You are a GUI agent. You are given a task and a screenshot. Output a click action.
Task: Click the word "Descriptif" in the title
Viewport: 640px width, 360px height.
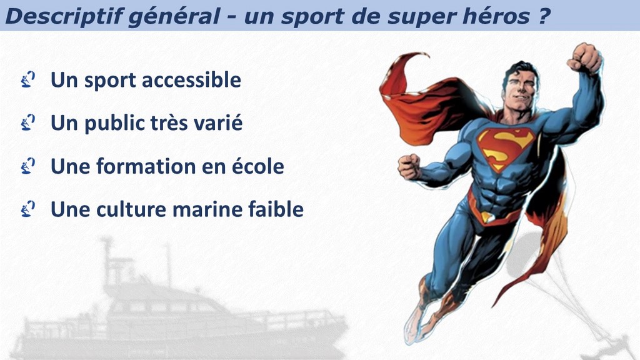tap(64, 16)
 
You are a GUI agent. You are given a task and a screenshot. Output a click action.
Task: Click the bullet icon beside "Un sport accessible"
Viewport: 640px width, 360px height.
tap(27, 79)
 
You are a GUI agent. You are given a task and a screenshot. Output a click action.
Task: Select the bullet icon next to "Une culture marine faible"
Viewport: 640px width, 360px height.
tap(27, 209)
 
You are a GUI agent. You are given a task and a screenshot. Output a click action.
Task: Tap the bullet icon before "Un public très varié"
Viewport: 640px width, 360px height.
tap(27, 122)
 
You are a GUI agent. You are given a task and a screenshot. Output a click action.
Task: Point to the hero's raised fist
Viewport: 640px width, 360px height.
tap(584, 58)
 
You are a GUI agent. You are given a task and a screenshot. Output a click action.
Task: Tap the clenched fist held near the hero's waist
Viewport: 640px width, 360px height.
tap(409, 167)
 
